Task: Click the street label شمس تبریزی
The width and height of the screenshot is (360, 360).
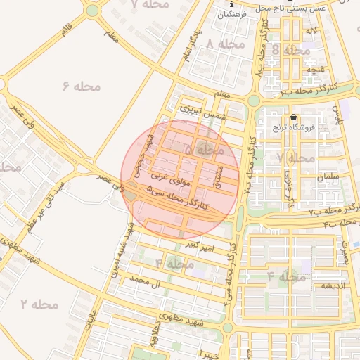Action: tap(200, 110)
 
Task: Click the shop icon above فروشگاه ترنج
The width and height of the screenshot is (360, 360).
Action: tap(293, 117)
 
